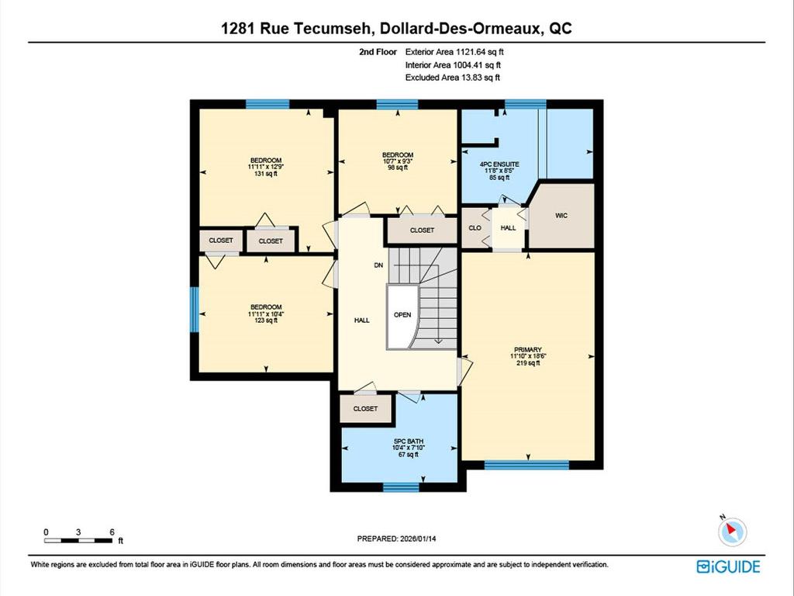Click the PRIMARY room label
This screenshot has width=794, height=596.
pos(526,350)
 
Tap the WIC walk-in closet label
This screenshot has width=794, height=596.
pos(561,215)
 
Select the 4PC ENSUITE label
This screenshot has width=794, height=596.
pos(499,165)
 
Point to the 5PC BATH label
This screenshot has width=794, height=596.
pos(402,442)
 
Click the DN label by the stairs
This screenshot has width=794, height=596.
pos(378,265)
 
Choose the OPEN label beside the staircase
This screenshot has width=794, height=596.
pos(402,315)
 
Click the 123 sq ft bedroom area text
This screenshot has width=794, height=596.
pos(265,321)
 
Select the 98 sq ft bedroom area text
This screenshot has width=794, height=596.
pos(397,167)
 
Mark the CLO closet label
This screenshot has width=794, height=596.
pos(475,228)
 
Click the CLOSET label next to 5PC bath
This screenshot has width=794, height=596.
pos(365,409)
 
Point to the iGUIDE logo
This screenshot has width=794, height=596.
pos(728,567)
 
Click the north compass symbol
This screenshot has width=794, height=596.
pos(731,532)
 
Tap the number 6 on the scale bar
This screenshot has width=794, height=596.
pos(112,532)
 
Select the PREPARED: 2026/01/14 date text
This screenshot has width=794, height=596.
pos(402,538)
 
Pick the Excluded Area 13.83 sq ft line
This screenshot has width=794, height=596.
pos(453,78)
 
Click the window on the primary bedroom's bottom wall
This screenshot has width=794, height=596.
pos(526,466)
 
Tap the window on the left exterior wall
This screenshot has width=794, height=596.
pos(195,309)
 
